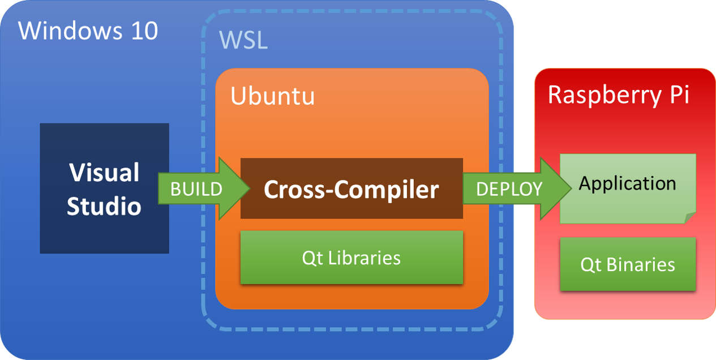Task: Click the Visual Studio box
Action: (104, 188)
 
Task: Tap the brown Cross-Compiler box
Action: (351, 188)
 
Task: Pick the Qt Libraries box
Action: (351, 258)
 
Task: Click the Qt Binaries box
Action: (628, 264)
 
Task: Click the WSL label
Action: (243, 41)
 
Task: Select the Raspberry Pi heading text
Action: (619, 95)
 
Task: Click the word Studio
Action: (104, 206)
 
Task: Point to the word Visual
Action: (104, 173)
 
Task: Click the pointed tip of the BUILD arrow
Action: (248, 188)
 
